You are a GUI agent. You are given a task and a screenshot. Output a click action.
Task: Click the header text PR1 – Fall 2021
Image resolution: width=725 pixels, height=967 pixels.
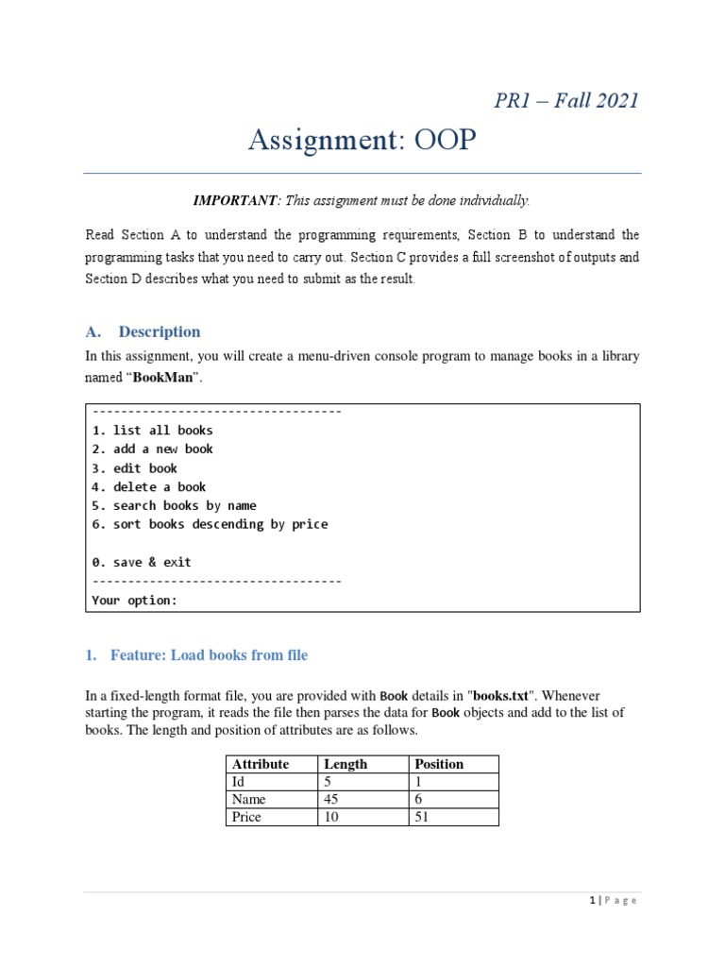(x=566, y=100)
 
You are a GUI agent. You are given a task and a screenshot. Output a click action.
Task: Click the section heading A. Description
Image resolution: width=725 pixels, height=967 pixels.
(x=143, y=331)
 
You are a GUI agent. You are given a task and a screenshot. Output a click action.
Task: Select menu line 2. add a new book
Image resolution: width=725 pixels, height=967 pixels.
(x=153, y=450)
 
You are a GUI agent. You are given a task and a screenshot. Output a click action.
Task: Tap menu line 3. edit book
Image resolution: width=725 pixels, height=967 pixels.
(x=135, y=468)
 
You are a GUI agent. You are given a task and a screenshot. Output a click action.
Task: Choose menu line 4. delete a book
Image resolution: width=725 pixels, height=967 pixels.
(x=149, y=487)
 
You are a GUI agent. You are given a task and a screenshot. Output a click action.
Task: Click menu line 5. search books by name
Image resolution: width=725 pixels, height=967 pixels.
(x=175, y=506)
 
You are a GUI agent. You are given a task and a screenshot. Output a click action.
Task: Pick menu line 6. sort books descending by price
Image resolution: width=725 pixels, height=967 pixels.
(x=211, y=524)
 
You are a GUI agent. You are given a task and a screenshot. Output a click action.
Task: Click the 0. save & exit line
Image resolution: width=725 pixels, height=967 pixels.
(x=142, y=562)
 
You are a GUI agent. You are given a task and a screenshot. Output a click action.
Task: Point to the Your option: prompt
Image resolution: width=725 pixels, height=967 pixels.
(x=135, y=601)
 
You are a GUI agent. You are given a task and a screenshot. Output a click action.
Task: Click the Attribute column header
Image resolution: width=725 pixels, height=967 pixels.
(x=261, y=764)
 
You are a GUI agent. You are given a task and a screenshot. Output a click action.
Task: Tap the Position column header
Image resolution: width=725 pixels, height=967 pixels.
(x=440, y=764)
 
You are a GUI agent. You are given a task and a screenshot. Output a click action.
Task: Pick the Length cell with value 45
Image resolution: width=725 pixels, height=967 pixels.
(x=331, y=799)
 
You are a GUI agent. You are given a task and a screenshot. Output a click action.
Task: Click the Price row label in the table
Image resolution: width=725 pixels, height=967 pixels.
(x=248, y=817)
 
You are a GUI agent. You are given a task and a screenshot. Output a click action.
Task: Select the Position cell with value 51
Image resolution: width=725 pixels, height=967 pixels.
(x=422, y=817)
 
